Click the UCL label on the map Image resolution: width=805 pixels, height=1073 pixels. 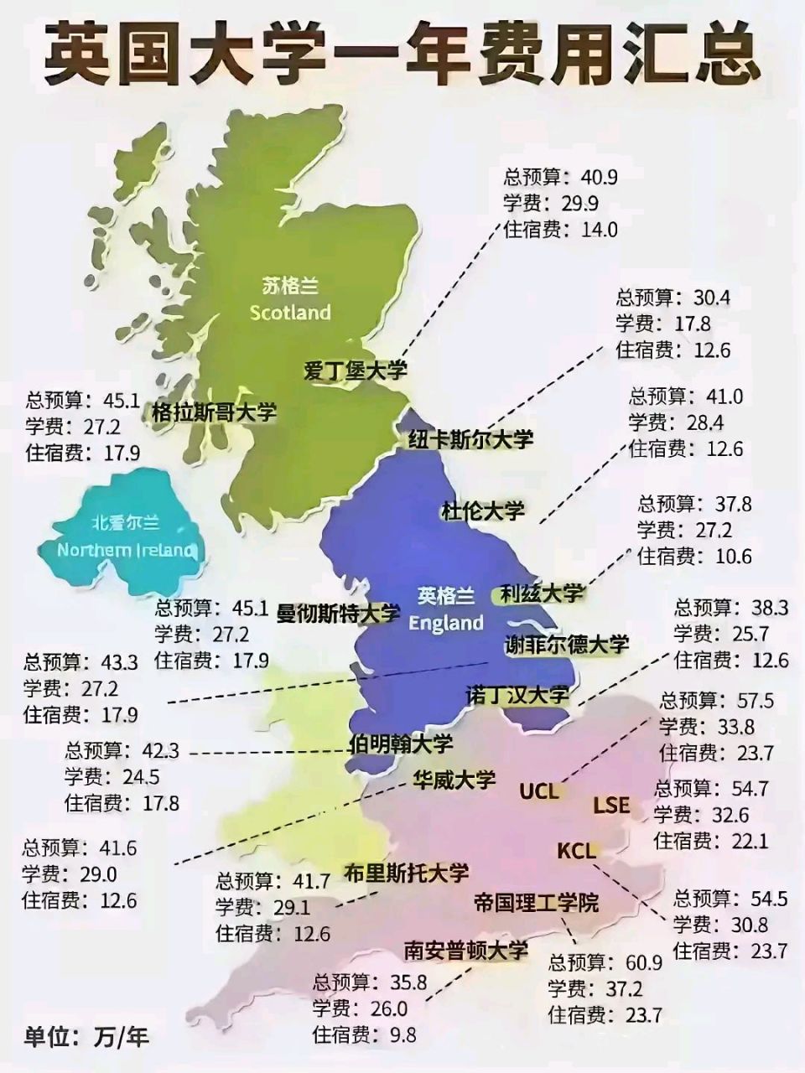click(x=538, y=790)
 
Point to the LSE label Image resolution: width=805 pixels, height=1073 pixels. click(x=611, y=805)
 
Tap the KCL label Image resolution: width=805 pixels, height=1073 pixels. click(x=577, y=851)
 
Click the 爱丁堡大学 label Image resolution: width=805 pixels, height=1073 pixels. click(x=356, y=370)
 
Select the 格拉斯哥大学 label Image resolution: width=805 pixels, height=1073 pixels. click(x=214, y=412)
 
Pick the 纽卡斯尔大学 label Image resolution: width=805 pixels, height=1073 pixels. click(x=470, y=438)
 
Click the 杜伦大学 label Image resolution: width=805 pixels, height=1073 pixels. click(x=483, y=509)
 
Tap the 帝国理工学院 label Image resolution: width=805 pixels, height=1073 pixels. click(x=537, y=902)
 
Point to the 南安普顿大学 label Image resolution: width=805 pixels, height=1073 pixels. click(x=466, y=950)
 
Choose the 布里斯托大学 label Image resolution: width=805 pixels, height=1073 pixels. click(x=407, y=873)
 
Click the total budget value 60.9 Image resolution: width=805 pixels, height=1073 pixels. click(x=644, y=963)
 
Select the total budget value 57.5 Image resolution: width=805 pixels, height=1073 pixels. click(x=755, y=700)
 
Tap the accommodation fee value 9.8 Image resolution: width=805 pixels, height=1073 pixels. click(x=402, y=1034)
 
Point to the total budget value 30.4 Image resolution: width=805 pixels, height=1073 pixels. click(x=712, y=298)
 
